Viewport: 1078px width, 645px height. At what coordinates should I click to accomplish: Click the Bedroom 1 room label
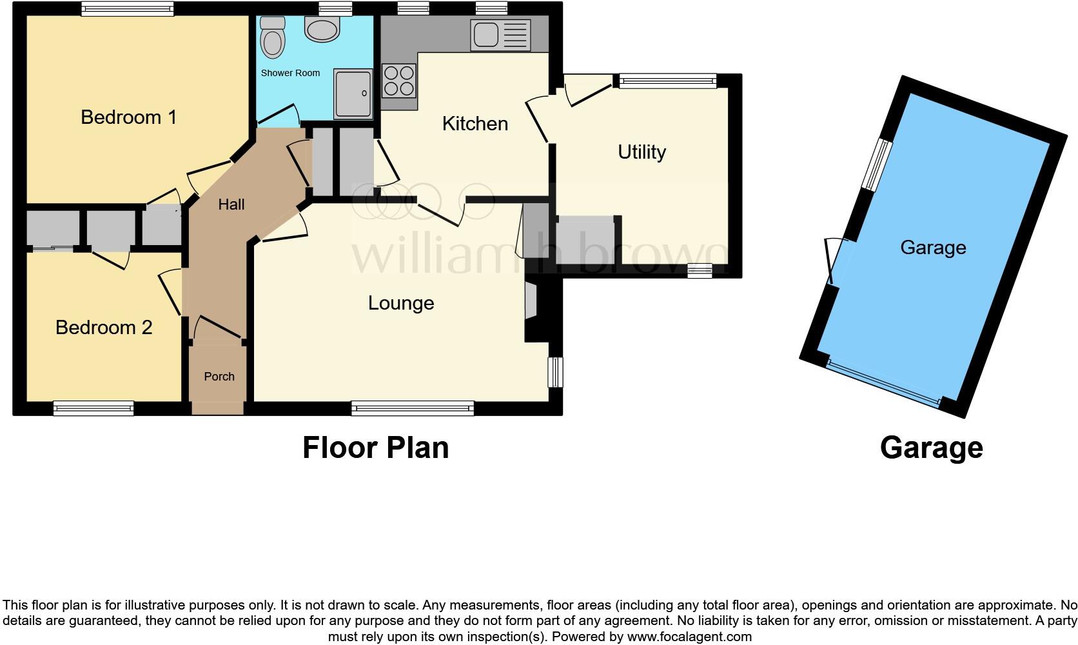128,117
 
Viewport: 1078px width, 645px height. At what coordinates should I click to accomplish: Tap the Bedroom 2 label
104,328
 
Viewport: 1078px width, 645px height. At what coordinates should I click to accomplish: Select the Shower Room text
290,73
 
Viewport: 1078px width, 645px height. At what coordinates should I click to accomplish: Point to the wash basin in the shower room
322,29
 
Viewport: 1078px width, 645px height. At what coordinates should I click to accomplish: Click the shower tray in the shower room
353,94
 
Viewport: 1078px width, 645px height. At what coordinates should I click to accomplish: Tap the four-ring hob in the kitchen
399,81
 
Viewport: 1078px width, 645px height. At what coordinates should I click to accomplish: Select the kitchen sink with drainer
501,35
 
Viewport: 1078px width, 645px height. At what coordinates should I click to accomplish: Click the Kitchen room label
475,124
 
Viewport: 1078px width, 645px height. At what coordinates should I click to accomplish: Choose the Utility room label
642,152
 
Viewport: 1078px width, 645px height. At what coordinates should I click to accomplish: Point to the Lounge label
401,303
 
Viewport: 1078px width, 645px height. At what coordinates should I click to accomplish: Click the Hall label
231,204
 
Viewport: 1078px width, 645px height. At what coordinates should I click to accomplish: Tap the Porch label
219,377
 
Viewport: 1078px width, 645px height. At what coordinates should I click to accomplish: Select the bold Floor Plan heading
375,448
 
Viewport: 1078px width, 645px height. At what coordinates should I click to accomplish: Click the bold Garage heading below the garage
931,448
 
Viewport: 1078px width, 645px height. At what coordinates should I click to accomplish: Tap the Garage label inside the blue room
933,248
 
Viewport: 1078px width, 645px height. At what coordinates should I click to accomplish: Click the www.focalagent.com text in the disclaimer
689,637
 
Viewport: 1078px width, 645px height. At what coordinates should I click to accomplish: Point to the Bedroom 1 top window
128,8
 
